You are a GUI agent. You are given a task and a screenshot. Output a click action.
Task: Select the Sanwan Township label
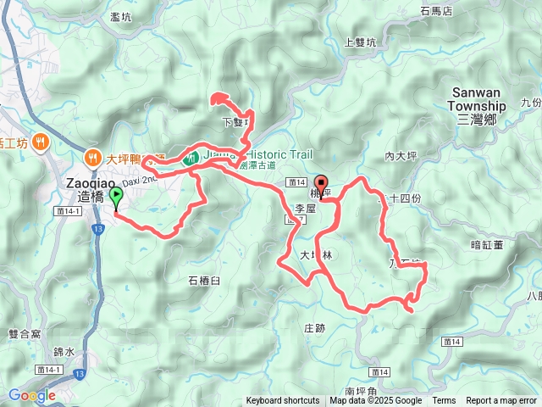coord(478,106)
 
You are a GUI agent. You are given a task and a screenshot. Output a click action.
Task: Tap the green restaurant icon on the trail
coord(192,156)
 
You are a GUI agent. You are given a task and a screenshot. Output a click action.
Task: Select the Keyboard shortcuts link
coord(283,401)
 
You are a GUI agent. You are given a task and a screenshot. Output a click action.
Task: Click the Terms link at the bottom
coord(444,401)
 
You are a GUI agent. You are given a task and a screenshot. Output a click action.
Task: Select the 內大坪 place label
coord(402,156)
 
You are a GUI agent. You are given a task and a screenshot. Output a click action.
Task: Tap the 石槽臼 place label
coord(203,279)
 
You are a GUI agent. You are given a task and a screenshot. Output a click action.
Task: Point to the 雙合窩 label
coord(24,311)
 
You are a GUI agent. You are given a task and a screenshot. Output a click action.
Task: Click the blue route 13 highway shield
coord(79,373)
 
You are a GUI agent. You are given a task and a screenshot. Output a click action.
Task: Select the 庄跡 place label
coord(314,327)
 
